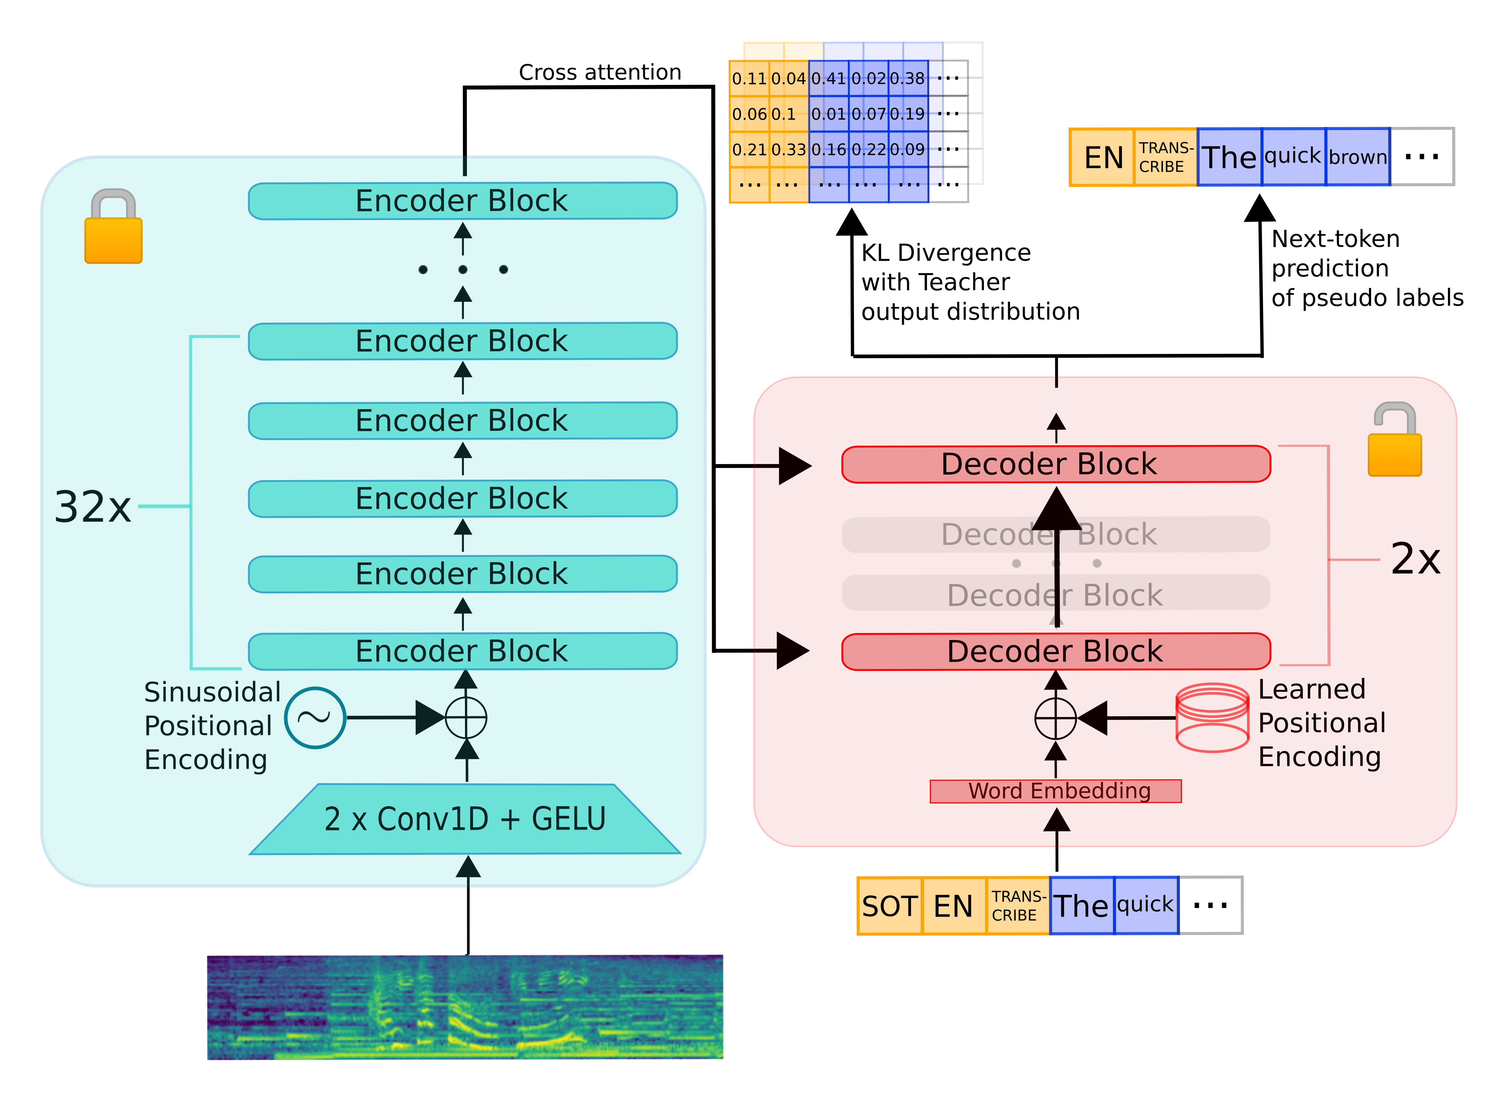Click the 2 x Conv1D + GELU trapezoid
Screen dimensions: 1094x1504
[x=464, y=820]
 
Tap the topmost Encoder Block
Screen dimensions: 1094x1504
[x=462, y=201]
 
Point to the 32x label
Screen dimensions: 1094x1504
[x=93, y=507]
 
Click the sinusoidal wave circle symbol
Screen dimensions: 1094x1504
[x=315, y=718]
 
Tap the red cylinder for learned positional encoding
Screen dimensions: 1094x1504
[x=1212, y=718]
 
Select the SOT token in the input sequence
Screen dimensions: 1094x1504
[x=889, y=906]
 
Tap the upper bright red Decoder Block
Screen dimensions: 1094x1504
[x=1056, y=464]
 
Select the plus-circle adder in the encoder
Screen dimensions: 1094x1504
[x=466, y=718]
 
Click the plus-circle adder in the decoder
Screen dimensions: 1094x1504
[x=1055, y=718]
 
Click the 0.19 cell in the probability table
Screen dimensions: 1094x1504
[x=907, y=114]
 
